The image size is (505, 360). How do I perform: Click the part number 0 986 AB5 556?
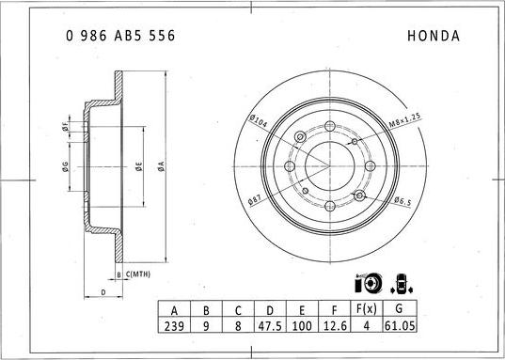[x=119, y=36]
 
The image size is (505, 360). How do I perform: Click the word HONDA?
[x=433, y=36]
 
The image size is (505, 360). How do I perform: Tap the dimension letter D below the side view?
[x=102, y=293]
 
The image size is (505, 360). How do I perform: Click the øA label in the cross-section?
[x=161, y=166]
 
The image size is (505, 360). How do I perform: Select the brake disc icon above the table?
[x=367, y=283]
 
